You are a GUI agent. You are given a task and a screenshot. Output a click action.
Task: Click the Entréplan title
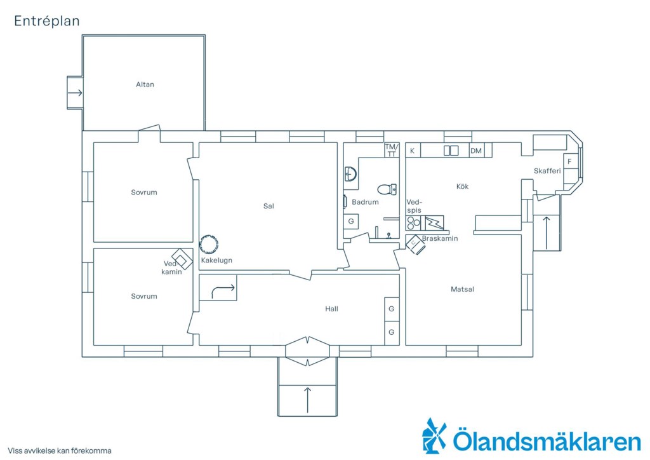tap(47, 21)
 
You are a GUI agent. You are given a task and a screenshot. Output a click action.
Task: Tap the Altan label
tap(145, 85)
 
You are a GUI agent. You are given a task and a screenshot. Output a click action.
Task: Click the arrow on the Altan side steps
tap(75, 93)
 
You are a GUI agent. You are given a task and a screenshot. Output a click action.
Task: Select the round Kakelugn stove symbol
tap(208, 245)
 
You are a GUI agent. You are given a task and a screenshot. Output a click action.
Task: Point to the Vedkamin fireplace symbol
tap(182, 259)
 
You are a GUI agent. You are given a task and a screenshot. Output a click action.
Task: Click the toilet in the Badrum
tap(387, 189)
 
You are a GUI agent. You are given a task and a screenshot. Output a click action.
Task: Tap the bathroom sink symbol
tap(350, 174)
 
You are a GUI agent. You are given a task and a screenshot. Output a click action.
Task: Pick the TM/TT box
tap(392, 150)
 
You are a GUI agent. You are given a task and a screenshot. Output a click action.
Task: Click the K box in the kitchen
tap(413, 151)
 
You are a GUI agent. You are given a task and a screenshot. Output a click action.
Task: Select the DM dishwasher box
tap(476, 151)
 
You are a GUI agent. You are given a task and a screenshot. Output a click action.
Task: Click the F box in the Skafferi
tap(570, 161)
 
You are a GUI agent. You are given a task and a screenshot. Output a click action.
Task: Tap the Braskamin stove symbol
tap(416, 245)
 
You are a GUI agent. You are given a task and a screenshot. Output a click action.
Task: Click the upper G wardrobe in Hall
tap(392, 309)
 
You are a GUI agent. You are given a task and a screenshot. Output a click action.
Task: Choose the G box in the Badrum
tap(351, 222)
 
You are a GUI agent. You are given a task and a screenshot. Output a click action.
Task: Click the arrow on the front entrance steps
tap(308, 400)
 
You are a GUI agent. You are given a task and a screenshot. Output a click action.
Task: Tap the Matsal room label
tap(462, 290)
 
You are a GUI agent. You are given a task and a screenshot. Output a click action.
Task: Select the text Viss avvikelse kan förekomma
tap(60, 450)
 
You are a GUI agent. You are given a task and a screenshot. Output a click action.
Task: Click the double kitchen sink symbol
tap(451, 150)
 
